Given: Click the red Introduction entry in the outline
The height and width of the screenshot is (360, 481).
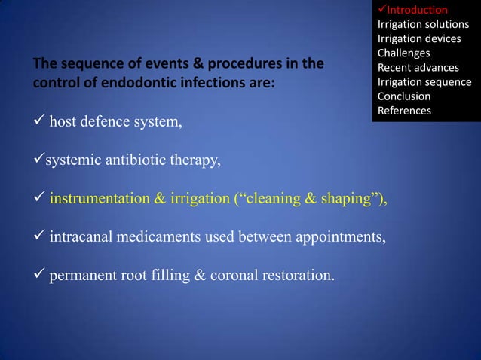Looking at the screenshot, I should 417,10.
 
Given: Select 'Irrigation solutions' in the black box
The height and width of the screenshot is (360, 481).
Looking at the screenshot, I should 423,24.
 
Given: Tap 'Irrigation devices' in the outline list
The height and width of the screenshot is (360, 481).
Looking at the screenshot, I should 419,38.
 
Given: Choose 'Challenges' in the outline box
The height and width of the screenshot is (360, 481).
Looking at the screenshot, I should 403,53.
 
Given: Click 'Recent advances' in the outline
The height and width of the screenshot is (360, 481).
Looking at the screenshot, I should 418,68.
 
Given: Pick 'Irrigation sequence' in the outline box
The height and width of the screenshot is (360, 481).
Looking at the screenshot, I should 424,82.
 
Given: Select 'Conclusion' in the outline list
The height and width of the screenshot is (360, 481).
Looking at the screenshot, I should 404,96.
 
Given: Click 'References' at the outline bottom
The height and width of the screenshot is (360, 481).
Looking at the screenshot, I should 404,111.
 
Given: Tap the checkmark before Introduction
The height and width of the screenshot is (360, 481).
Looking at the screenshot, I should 381,10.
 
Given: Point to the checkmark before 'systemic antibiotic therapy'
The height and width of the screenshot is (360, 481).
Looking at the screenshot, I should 37,160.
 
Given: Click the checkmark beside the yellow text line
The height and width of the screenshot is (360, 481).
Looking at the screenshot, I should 37,199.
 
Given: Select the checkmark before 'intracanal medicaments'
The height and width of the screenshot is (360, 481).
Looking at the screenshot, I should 37,238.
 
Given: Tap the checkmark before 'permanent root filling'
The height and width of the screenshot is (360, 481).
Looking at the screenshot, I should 37,276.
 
